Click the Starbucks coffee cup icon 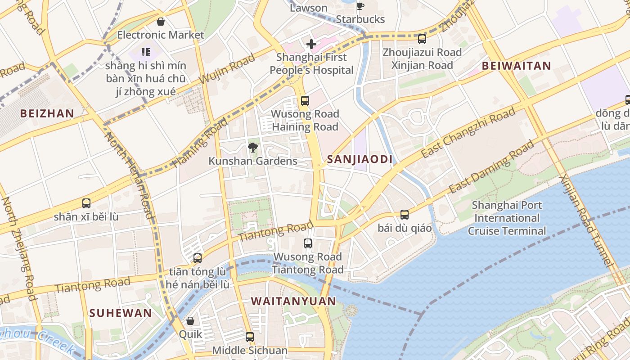tap(360, 6)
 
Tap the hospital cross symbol tap(311, 44)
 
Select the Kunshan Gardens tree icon tap(253, 147)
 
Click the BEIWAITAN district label tap(516, 66)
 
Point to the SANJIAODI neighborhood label tap(360, 159)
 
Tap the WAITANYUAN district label tap(293, 301)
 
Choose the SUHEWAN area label tap(121, 313)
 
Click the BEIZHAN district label tap(47, 113)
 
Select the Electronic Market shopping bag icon tap(161, 22)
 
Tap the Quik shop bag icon tap(190, 321)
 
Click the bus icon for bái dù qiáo tap(405, 215)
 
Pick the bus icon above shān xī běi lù tap(86, 203)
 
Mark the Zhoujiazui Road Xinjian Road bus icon tap(422, 39)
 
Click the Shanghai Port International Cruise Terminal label tap(507, 218)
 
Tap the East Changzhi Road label tap(468, 133)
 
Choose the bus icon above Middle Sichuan tap(250, 337)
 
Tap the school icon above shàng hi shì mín tap(145, 53)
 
